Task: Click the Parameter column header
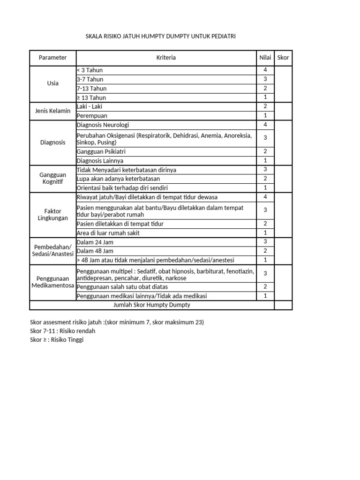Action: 52,58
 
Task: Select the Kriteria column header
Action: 166,58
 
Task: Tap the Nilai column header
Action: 265,58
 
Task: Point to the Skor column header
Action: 283,58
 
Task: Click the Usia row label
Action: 52,83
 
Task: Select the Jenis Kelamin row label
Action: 52,111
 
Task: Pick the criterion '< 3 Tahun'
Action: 90,70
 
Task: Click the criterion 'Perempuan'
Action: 92,116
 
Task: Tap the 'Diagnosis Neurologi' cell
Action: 103,125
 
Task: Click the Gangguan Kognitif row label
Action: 52,178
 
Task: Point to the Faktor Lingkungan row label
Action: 52,215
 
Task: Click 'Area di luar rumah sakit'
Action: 108,233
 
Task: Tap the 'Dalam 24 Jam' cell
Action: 95,242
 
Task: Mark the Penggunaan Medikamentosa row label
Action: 52,282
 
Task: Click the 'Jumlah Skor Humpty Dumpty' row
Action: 152,305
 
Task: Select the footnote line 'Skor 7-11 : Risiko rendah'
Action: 62,331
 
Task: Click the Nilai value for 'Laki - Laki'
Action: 265,106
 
